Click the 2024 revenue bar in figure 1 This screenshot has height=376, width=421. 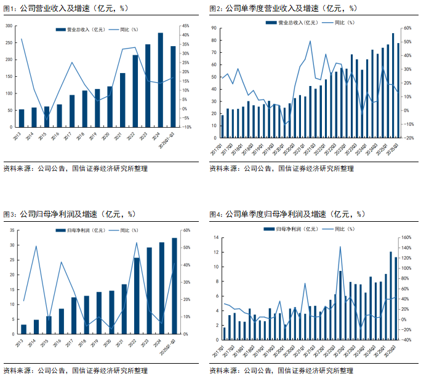click(x=161, y=80)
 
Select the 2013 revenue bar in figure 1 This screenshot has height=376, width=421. click(x=22, y=119)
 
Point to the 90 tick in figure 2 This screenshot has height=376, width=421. click(x=214, y=28)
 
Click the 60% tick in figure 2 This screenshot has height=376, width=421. click(x=407, y=28)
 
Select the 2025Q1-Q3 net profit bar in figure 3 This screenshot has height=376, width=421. click(x=174, y=286)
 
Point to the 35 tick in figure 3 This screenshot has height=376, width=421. click(x=12, y=230)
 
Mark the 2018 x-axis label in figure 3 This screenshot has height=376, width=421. click(x=86, y=342)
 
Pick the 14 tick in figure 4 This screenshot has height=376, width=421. click(x=215, y=237)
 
